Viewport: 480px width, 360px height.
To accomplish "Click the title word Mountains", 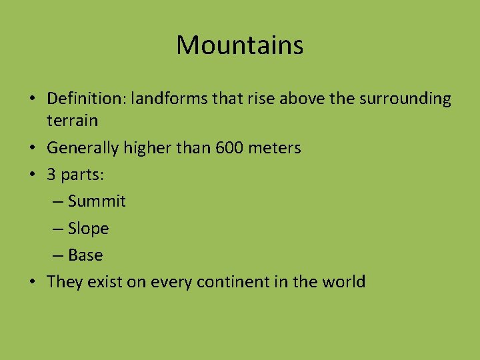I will click(239, 45).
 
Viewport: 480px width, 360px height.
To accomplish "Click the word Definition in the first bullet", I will click(85, 99).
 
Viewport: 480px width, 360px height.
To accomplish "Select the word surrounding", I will click(405, 99).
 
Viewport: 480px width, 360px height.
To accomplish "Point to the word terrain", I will click(72, 121).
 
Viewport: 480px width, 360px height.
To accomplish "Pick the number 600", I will click(230, 148).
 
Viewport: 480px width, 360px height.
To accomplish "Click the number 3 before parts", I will click(51, 175).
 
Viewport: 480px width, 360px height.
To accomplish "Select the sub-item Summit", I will click(97, 201).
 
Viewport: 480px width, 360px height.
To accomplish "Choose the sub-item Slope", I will click(88, 229).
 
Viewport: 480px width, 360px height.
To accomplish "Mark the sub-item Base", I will click(85, 255).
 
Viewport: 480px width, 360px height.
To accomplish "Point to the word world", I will click(343, 282).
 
